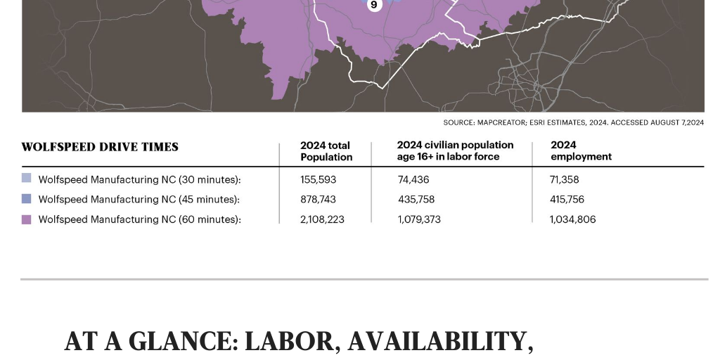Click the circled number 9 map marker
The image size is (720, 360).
[373, 5]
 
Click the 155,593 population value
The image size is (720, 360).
[318, 179]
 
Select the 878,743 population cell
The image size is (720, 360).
[318, 200]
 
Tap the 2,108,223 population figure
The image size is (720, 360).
[322, 219]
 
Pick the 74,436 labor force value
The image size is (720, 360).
[413, 179]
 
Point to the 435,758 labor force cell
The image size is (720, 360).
[416, 200]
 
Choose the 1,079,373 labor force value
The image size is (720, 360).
[419, 219]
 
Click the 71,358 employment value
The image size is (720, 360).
[564, 179]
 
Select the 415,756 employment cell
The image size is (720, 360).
[567, 200]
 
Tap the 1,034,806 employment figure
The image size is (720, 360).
[572, 219]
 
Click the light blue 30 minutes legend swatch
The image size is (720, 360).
[27, 179]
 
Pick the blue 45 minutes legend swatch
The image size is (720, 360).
[27, 199]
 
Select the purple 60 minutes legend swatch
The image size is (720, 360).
[27, 219]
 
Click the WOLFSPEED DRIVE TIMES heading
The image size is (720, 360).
[100, 147]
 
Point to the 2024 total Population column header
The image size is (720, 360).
[326, 151]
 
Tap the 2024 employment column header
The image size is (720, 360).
[581, 151]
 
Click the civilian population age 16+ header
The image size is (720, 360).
[455, 151]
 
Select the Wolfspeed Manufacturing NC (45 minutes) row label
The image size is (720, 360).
[139, 200]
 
